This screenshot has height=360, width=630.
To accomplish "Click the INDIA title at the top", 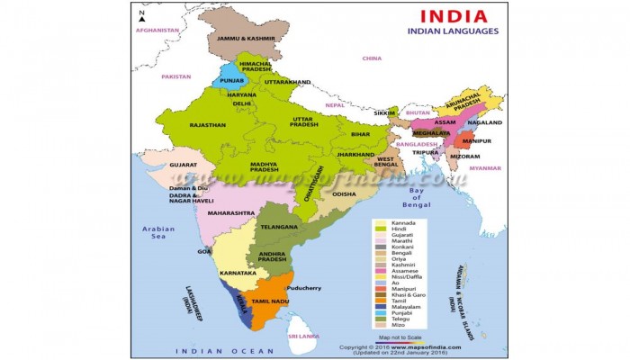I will coord(453,15).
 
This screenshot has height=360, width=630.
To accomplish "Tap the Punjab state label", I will coord(231,79).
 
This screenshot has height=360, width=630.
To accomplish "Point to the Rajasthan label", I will coord(207,125).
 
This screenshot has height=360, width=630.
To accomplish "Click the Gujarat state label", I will coord(183,166).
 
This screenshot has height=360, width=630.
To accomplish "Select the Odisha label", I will coord(344,193).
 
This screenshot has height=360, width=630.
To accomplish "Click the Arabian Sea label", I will coord(158,233).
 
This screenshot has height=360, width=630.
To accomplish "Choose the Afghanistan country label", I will coord(158,31).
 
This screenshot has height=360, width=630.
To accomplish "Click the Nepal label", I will coord(335,104).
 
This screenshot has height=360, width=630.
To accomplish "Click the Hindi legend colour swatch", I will coord(382,229).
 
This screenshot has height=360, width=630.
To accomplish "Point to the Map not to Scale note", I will coord(407,336).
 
